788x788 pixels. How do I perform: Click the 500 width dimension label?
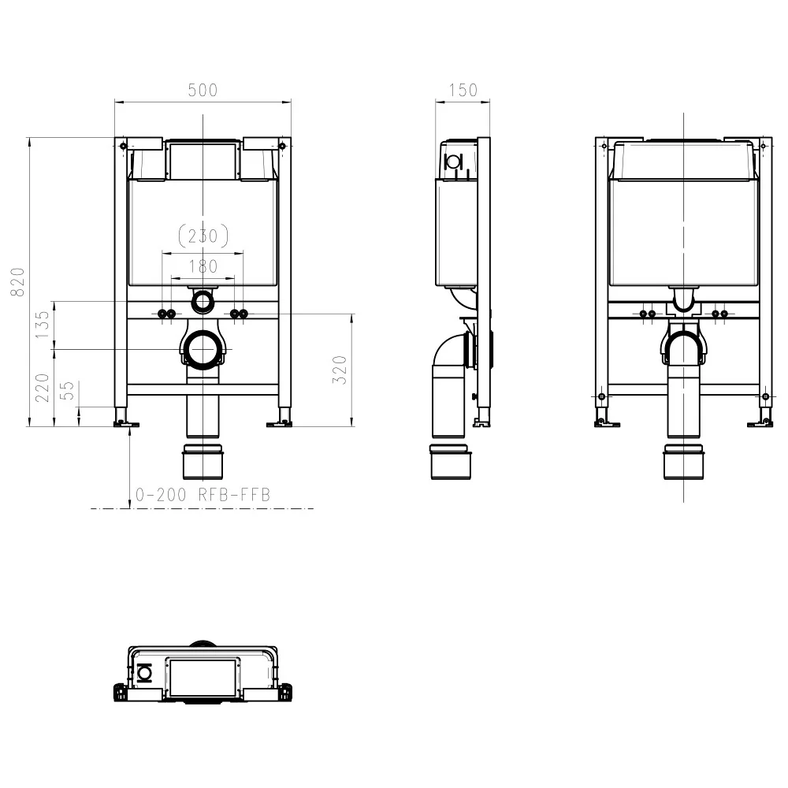pos(203,91)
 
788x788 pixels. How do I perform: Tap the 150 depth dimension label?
pos(463,91)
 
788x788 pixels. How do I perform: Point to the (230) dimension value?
pos(203,235)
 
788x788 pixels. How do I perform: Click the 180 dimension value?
pos(203,266)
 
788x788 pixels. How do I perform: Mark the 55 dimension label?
pos(68,392)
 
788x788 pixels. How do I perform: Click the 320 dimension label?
pos(340,370)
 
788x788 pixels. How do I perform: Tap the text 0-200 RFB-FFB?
pos(203,495)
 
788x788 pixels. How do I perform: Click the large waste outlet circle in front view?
pos(203,348)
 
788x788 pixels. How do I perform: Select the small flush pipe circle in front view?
pos(203,300)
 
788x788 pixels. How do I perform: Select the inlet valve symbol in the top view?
pos(144,672)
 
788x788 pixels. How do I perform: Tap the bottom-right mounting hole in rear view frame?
pos(764,396)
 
